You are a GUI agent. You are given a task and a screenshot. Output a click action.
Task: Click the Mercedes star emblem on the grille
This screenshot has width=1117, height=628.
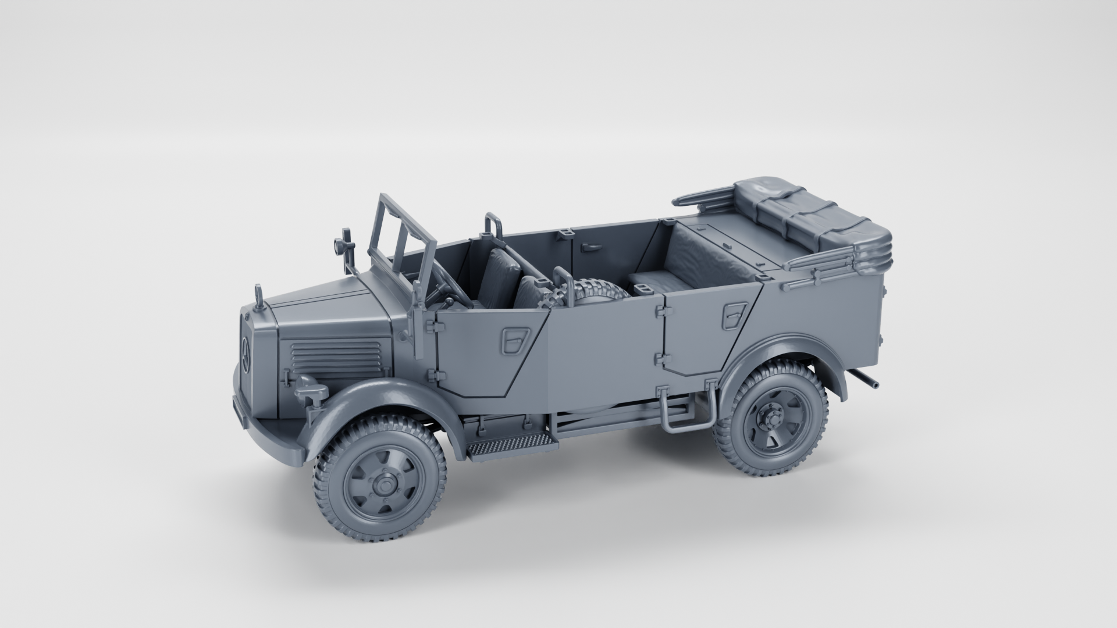(x=246, y=354)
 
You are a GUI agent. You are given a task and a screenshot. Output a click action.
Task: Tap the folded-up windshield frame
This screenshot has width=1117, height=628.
(x=401, y=227)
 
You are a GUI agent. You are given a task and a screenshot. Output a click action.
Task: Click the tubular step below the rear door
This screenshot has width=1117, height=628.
(x=678, y=422)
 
